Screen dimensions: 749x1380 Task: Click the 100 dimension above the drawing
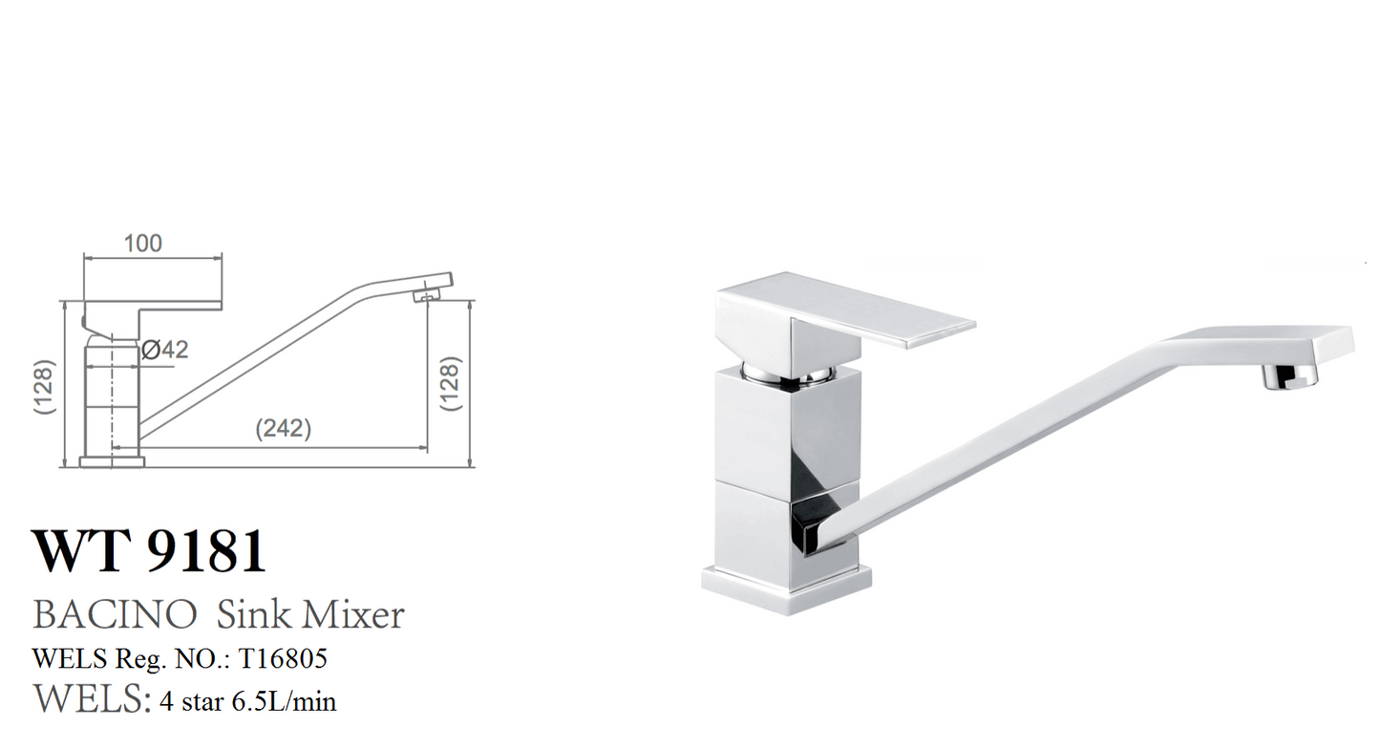pyautogui.click(x=143, y=244)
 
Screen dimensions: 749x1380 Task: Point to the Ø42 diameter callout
pyautogui.click(x=164, y=350)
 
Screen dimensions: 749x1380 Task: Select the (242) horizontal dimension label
pyautogui.click(x=283, y=429)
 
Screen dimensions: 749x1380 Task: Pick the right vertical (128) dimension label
pyautogui.click(x=452, y=383)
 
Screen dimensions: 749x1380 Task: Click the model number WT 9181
pyautogui.click(x=149, y=551)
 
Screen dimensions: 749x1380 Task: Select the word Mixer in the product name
pyautogui.click(x=353, y=614)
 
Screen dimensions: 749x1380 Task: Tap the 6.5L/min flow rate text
pyautogui.click(x=285, y=702)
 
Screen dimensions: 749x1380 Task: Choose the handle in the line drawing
pyautogui.click(x=153, y=291)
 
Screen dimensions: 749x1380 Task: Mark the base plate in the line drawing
pyautogui.click(x=111, y=462)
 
